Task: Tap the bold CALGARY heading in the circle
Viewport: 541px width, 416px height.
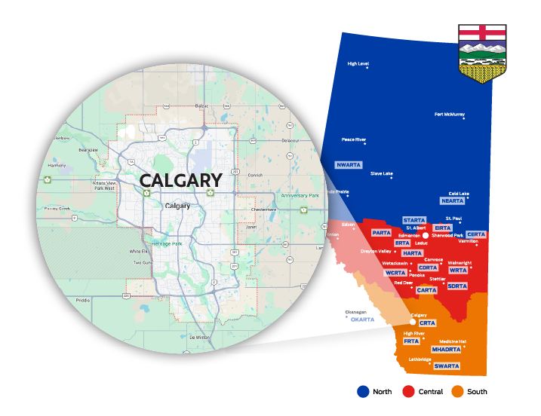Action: (180, 181)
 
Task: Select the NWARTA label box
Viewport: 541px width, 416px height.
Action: (349, 164)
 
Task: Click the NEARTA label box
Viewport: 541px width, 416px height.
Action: (452, 201)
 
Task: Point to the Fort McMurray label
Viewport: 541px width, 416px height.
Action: (449, 115)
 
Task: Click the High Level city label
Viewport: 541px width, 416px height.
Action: (358, 64)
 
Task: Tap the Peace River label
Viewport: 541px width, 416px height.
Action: (353, 139)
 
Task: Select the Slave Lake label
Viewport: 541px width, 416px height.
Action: (381, 173)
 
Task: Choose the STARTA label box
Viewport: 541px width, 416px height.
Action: (414, 220)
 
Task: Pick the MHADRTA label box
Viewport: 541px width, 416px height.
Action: (446, 350)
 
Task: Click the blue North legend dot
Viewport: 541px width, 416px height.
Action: (364, 391)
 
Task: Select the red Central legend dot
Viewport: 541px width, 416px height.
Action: (407, 391)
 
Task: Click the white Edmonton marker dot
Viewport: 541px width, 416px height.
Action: (426, 236)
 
